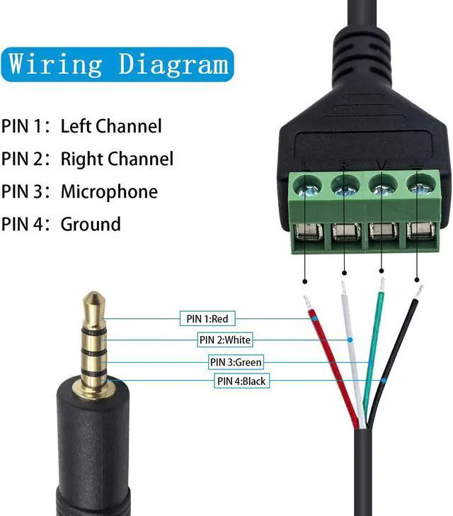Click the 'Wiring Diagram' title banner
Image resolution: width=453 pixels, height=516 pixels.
(119, 64)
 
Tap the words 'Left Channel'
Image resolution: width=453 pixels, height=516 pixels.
(111, 126)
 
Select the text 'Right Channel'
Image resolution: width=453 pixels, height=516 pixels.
(117, 159)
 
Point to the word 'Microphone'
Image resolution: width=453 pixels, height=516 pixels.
(109, 191)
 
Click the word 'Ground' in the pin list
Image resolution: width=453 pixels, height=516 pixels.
(91, 224)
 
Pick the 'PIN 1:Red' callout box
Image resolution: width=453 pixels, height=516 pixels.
(207, 319)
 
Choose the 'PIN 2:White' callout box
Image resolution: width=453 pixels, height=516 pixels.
(224, 340)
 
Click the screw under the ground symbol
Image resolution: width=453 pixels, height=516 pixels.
(420, 188)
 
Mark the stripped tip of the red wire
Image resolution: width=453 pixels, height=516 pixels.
(307, 302)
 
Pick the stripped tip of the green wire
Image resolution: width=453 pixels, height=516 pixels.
(381, 284)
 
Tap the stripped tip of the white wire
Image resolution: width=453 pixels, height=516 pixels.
(343, 287)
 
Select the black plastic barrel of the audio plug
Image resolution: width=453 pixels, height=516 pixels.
(93, 454)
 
